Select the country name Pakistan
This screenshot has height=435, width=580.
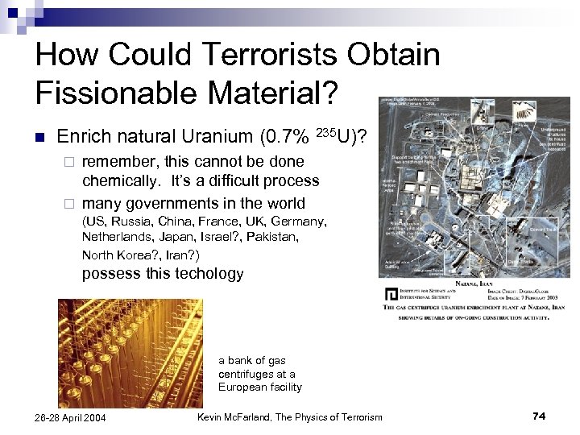(x=270, y=238)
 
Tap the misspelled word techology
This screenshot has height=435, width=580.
(x=205, y=274)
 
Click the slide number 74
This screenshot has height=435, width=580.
(x=539, y=416)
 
